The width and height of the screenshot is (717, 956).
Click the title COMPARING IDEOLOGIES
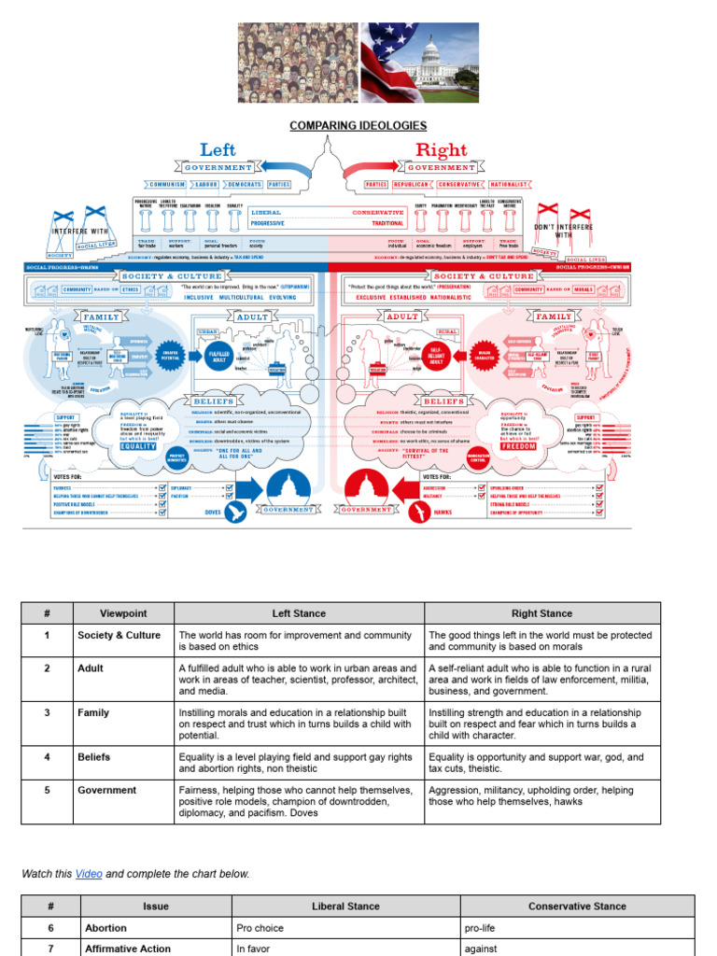[x=358, y=125]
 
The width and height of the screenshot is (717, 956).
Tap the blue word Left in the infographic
[x=218, y=149]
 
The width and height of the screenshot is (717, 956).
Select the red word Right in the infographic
[x=441, y=149]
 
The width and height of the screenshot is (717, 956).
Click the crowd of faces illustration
[x=298, y=63]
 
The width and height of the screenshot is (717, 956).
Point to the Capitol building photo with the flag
[x=419, y=63]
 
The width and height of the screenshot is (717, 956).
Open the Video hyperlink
[x=89, y=874]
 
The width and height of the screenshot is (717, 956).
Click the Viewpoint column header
[x=123, y=613]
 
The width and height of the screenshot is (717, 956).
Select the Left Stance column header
[x=299, y=613]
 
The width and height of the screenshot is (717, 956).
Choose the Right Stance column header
[x=541, y=613]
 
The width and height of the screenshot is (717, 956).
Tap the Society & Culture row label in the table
[x=119, y=636]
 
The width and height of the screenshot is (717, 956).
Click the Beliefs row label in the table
[x=93, y=757]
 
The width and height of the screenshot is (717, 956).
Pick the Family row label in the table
[x=92, y=712]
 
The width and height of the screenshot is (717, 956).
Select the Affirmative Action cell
[x=128, y=949]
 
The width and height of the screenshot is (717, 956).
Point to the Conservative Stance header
[x=577, y=906]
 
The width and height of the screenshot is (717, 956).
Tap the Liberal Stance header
[x=345, y=906]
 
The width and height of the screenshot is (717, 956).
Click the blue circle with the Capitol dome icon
[x=288, y=488]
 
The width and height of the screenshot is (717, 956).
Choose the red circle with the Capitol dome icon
[x=366, y=488]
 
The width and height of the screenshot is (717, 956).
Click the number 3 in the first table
[x=47, y=712]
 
